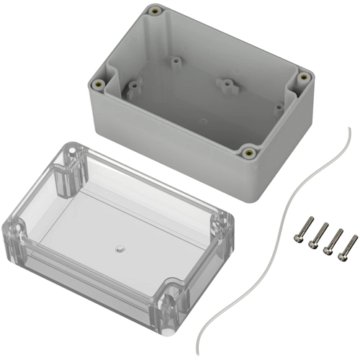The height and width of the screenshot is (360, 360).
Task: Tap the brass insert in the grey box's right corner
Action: (x=304, y=75)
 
